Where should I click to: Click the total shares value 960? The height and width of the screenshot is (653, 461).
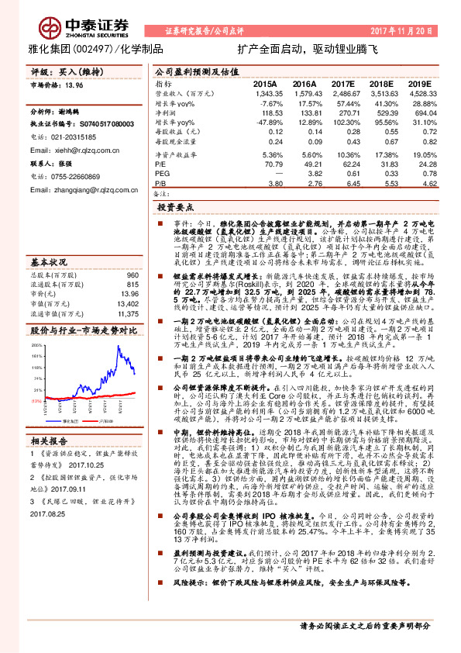[x=132, y=253]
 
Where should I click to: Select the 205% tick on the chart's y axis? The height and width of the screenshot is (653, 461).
[x=36, y=324]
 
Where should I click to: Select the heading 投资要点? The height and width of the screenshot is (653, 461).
[x=174, y=208]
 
